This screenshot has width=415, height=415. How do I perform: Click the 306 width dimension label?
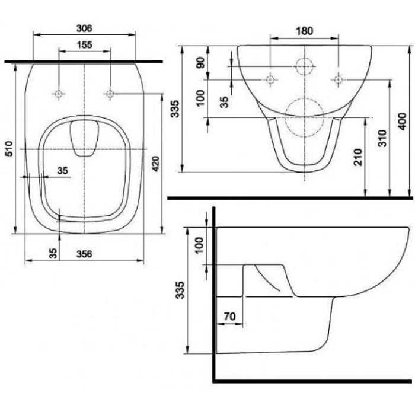point(84,28)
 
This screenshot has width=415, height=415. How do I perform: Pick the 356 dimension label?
point(85,253)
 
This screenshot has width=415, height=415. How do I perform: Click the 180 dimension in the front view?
point(305,30)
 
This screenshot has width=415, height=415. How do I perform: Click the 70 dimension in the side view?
point(231,315)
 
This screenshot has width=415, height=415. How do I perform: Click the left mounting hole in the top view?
point(59,94)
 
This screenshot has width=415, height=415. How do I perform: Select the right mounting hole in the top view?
point(110,93)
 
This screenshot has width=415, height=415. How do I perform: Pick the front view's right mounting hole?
point(339,79)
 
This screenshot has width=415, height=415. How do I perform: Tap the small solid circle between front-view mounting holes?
point(305,67)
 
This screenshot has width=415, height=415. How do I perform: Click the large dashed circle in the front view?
point(304,117)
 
